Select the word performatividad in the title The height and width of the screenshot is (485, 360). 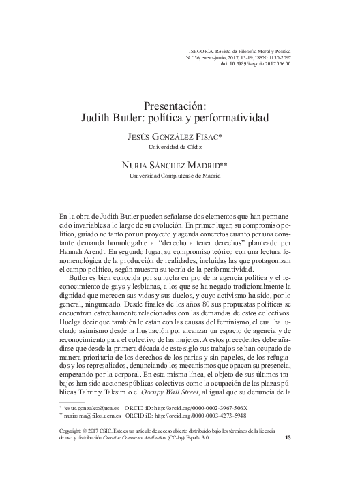click(232, 117)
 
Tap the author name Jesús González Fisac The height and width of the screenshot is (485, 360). click(174, 137)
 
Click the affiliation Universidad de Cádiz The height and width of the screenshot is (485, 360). click(175, 146)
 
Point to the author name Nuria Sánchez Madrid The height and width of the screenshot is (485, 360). click(174, 165)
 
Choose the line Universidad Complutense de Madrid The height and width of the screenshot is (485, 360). click(175, 175)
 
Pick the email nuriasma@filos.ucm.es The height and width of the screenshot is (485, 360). click(93, 415)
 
